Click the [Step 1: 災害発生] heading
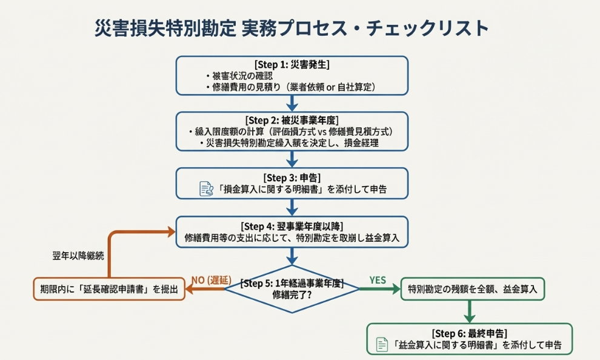tap(292, 65)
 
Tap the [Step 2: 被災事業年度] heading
tap(292, 120)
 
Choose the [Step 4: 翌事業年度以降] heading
tap(292, 226)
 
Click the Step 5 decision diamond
tap(292, 288)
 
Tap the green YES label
tap(378, 279)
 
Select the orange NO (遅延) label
tap(208, 279)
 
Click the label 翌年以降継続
tap(78, 256)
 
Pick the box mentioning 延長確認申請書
tap(108, 290)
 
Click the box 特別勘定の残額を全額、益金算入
tap(473, 289)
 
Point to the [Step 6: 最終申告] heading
tap(470, 333)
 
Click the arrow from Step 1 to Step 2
tap(292, 102)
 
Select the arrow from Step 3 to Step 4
tap(292, 207)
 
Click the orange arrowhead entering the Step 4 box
tap(169, 232)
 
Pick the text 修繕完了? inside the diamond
tap(292, 295)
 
